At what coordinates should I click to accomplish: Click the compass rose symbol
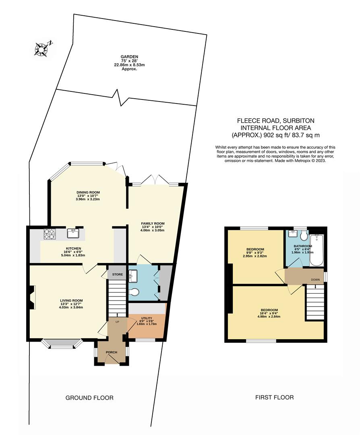coord(42,49)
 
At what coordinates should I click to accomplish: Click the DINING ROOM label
coord(88,192)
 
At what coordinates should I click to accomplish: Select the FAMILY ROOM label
coord(153,224)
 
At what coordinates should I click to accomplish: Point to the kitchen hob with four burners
coord(49,234)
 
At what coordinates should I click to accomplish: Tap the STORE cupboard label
coord(117,274)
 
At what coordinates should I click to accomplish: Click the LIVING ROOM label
coord(71,300)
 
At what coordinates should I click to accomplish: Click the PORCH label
coord(111,352)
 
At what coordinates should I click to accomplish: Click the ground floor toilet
coord(135,292)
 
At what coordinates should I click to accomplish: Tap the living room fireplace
coord(31,297)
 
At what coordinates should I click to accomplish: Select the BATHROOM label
coord(302,246)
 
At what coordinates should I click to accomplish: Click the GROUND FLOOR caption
coord(89,398)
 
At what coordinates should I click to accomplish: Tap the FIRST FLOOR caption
coord(274,397)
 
